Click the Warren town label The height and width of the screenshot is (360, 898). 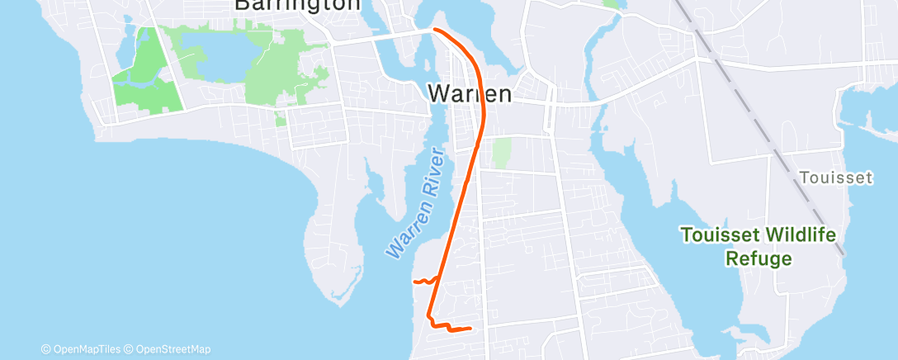(x=470, y=93)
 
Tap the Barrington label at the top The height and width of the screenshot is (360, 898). (x=297, y=5)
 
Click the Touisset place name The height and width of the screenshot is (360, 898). (x=835, y=178)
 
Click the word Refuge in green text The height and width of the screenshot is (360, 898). (x=758, y=258)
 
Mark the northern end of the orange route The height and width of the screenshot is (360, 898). (x=434, y=30)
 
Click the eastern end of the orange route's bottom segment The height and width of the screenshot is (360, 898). (x=470, y=329)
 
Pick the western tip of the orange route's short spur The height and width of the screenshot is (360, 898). (x=413, y=282)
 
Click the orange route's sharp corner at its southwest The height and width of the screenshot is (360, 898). (x=428, y=316)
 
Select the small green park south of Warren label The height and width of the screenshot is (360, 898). (x=501, y=154)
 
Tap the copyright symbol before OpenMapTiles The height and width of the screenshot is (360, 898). (x=46, y=349)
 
